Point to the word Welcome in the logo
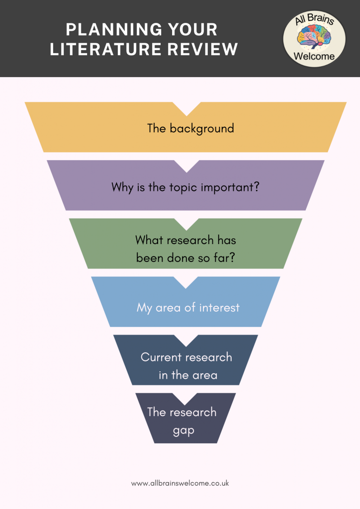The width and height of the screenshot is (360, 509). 314,56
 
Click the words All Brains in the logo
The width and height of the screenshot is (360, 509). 314,21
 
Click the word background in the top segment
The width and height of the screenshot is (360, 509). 202,128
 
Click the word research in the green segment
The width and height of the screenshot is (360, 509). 186,240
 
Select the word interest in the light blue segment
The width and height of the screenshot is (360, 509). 219,308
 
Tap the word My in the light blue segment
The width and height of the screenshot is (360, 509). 145,308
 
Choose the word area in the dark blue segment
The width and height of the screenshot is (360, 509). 205,375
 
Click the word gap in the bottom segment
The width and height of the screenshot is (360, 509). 183,430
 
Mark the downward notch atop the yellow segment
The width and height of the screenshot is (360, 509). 186,108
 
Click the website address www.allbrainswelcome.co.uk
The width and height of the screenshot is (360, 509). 180,483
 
